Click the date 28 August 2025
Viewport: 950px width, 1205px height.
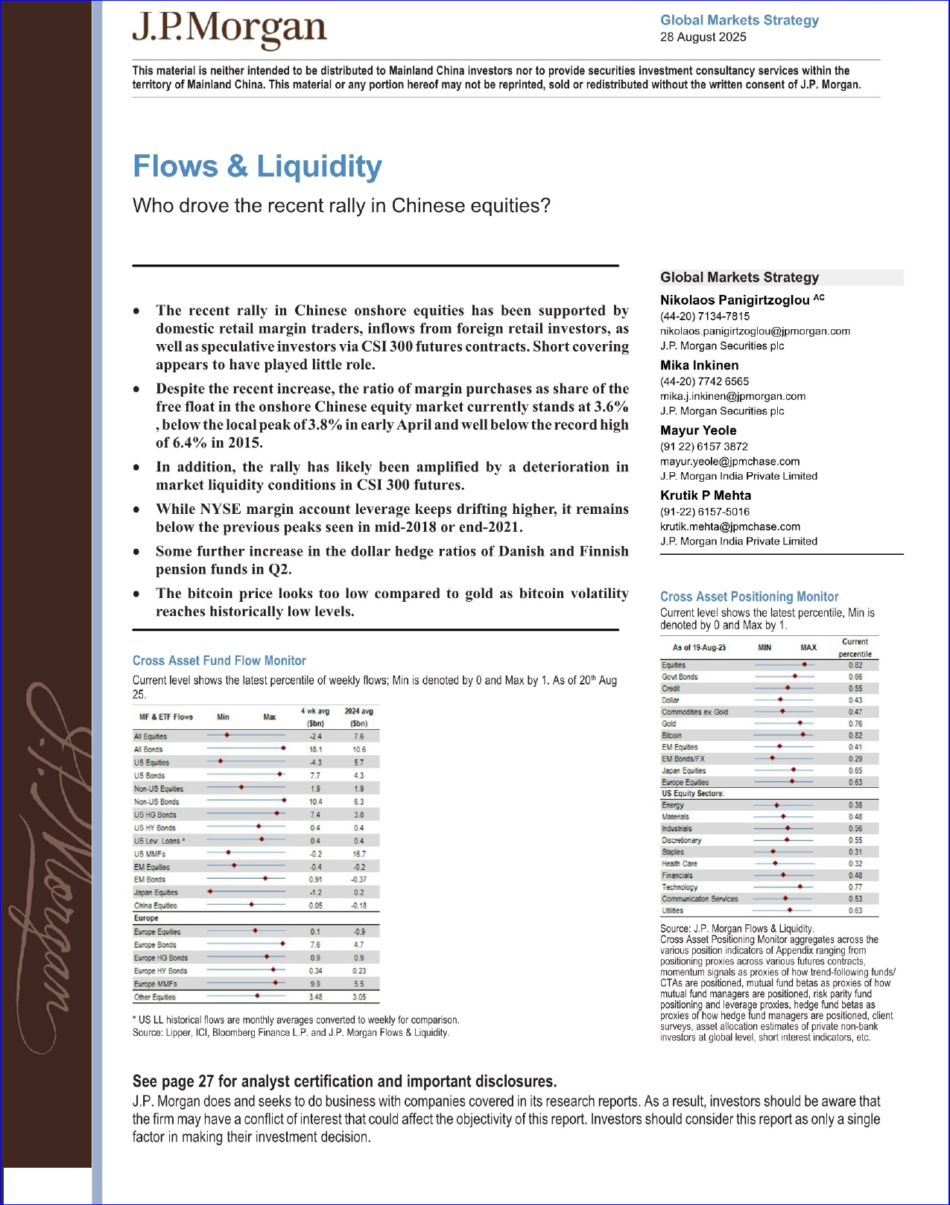click(x=703, y=37)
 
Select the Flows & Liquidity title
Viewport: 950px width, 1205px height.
click(x=257, y=166)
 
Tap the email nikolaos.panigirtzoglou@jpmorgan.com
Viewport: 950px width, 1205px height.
click(x=755, y=331)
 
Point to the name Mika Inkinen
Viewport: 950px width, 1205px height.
click(x=699, y=365)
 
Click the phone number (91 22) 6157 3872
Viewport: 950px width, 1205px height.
click(x=703, y=447)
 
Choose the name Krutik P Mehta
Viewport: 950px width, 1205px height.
click(x=705, y=495)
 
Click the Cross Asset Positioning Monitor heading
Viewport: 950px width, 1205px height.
click(x=749, y=597)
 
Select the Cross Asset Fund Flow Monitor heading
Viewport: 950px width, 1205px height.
click(x=219, y=661)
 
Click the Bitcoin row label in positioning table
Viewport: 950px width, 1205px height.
click(x=672, y=735)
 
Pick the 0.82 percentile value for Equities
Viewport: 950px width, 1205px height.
click(x=855, y=665)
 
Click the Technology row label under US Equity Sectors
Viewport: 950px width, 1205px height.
click(x=680, y=887)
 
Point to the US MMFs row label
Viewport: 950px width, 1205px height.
click(x=150, y=854)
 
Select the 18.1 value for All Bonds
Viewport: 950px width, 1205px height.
click(x=315, y=749)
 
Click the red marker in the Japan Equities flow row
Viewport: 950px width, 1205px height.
click(x=210, y=891)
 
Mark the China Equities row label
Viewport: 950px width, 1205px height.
click(x=156, y=906)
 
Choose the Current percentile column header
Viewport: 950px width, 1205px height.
click(x=855, y=648)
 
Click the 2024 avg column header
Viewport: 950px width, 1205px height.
click(x=358, y=716)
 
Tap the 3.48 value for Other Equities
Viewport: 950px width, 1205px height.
click(x=315, y=996)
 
